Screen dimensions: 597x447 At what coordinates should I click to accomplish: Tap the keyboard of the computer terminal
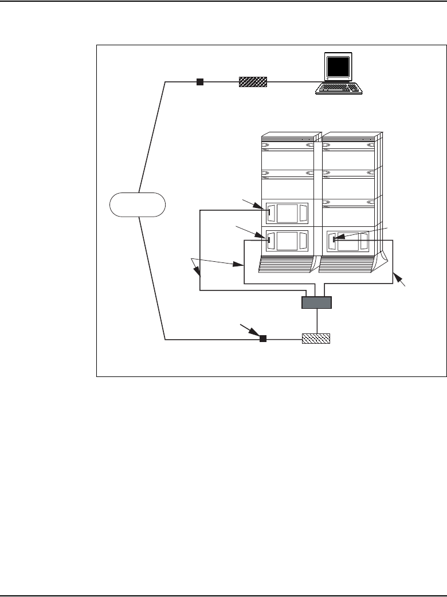click(x=339, y=88)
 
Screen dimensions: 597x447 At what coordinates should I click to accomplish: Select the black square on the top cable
click(x=199, y=82)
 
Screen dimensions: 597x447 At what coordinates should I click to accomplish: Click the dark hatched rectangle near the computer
click(x=253, y=82)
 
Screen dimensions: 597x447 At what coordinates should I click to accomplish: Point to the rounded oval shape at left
click(x=138, y=205)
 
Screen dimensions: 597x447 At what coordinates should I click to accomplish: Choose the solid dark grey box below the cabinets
click(x=317, y=303)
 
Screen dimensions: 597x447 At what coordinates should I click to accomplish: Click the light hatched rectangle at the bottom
click(x=316, y=339)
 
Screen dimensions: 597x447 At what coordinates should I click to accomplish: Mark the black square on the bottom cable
click(x=263, y=339)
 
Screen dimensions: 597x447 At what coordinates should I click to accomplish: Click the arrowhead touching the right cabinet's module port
click(x=339, y=238)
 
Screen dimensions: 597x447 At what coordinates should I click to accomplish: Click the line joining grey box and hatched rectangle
click(x=316, y=321)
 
